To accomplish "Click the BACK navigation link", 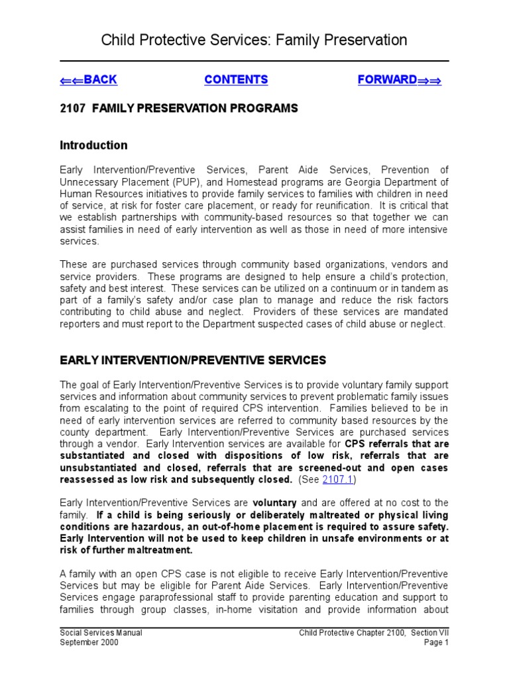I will coord(88,80).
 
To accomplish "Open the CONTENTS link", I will coord(236,80).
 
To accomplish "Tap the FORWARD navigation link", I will coord(399,80).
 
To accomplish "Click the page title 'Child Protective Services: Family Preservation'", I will coord(254,40).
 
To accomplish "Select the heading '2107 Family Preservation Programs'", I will coord(179,109).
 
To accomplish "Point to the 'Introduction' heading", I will coord(93,145).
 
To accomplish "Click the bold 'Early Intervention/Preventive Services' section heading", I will coord(193,360).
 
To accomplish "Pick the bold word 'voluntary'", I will coord(276,503).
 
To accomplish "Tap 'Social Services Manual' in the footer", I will coord(101,633).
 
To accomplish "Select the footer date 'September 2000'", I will coord(89,643).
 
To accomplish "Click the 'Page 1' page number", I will coord(435,643).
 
